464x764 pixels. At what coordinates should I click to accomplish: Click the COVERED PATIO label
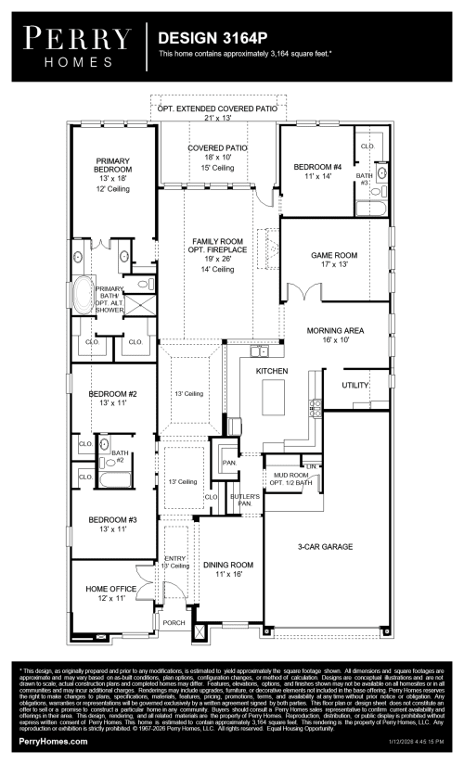pos(217,147)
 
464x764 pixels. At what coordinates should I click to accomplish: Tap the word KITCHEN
pos(272,371)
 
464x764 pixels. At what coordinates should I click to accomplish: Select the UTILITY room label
pos(355,384)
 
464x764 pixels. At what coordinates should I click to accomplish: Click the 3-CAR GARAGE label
pos(325,548)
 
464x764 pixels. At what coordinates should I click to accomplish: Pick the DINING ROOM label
pos(228,565)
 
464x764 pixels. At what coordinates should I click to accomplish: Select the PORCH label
pos(174,623)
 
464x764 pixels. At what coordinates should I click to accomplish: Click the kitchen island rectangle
pos(273,400)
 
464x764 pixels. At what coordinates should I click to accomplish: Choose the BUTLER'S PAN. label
pos(245,501)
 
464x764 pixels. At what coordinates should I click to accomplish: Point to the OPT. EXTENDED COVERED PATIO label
pos(217,108)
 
